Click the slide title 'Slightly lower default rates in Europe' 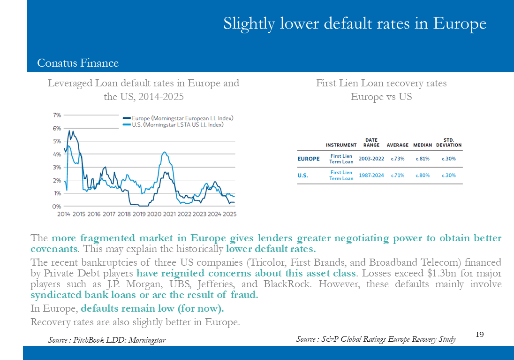pyautogui.click(x=355, y=23)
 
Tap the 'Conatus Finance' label pyautogui.click(x=78, y=63)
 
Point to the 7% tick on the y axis pyautogui.click(x=57, y=115)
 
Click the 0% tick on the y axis pyautogui.click(x=57, y=207)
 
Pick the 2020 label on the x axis pyautogui.click(x=154, y=214)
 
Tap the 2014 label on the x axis pyautogui.click(x=64, y=214)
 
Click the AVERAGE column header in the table pyautogui.click(x=397, y=145)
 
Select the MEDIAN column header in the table pyautogui.click(x=422, y=145)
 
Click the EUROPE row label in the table pyautogui.click(x=309, y=159)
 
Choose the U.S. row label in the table pyautogui.click(x=303, y=176)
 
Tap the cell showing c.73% pyautogui.click(x=397, y=159)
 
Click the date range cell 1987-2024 pyautogui.click(x=371, y=176)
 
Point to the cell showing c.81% pyautogui.click(x=422, y=159)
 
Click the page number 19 pyautogui.click(x=479, y=335)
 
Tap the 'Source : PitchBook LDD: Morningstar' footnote pyautogui.click(x=107, y=339)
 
